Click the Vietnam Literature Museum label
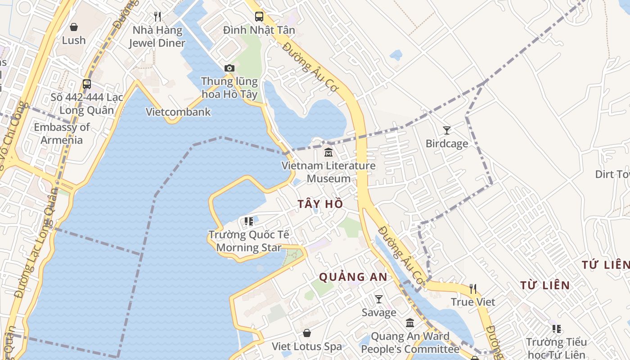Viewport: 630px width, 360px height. [x=328, y=172]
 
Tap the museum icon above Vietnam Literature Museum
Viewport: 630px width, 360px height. [x=328, y=153]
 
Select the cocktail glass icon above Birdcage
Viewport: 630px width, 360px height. [x=446, y=130]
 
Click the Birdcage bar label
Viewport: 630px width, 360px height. [x=447, y=144]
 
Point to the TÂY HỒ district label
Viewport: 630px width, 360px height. [x=320, y=204]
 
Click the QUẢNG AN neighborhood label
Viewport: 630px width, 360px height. [x=353, y=277]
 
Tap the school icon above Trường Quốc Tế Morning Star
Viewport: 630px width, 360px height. [x=248, y=221]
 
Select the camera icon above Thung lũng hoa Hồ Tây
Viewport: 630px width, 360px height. [x=229, y=68]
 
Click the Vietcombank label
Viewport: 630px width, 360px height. [x=178, y=112]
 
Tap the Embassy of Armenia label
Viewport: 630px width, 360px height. [x=62, y=134]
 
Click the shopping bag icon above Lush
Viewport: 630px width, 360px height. [x=74, y=27]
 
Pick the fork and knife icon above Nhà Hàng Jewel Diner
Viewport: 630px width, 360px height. [x=157, y=17]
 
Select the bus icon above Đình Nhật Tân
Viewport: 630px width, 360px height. [x=259, y=17]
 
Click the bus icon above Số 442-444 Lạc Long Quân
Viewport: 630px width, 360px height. [x=87, y=84]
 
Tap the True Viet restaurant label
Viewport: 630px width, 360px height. [x=473, y=302]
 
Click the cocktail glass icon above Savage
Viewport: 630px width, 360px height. [x=379, y=299]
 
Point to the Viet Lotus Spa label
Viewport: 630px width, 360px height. [x=307, y=346]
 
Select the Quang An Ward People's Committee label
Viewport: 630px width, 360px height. [x=410, y=342]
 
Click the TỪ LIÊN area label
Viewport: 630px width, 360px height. [x=545, y=285]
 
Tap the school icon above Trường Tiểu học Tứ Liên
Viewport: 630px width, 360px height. [x=557, y=329]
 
